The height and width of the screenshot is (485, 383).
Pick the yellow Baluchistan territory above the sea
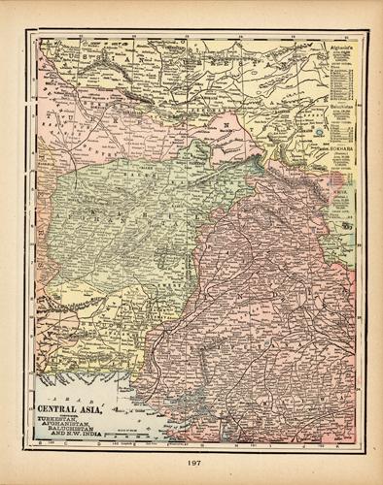click(97, 330)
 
